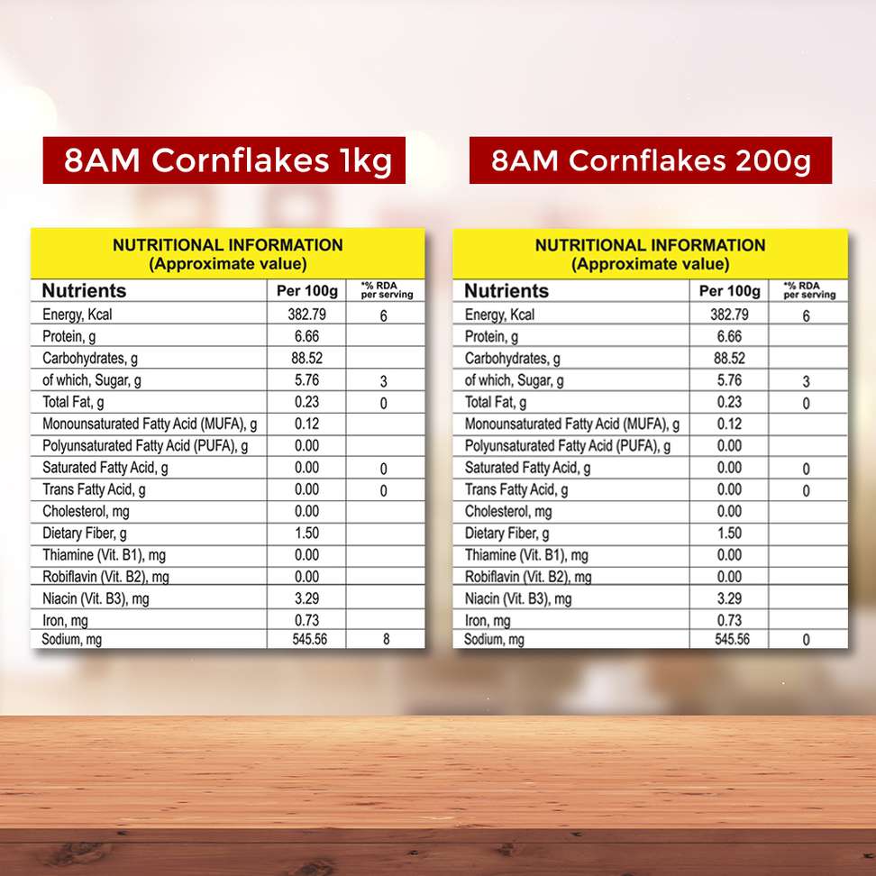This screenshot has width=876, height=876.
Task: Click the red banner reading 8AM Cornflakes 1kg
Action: [224, 160]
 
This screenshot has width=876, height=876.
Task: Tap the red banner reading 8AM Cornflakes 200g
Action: [650, 160]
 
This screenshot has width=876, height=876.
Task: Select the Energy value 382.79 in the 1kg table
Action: [306, 315]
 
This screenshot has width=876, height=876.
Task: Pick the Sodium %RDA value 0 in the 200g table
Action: [806, 641]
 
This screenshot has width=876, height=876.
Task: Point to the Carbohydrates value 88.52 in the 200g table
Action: [729, 358]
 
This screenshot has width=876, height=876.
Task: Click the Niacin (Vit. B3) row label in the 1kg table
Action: [96, 598]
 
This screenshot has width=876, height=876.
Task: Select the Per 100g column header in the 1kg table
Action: [306, 291]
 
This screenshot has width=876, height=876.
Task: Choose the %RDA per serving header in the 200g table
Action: [808, 290]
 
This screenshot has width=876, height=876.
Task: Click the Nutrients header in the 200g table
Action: [506, 291]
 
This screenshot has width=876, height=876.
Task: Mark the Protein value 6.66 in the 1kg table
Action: [306, 336]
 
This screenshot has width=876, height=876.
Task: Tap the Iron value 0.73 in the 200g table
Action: [729, 620]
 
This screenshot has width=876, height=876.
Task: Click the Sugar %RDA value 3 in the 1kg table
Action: [384, 382]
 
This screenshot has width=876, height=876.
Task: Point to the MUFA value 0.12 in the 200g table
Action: [729, 424]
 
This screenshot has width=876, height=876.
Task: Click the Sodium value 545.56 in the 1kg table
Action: [306, 640]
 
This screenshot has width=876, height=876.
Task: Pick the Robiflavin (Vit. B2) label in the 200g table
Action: [528, 577]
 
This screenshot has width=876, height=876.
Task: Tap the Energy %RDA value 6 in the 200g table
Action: [806, 316]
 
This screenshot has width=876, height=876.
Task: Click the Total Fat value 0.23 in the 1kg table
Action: [306, 402]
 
